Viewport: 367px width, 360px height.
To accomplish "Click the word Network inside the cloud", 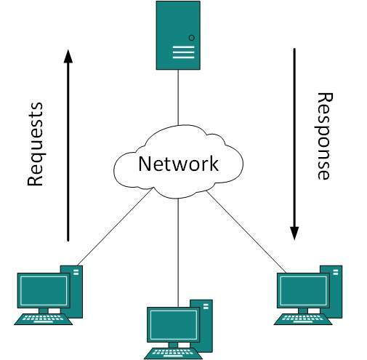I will tap(178, 163).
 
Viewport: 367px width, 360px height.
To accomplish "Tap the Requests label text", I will tap(35, 145).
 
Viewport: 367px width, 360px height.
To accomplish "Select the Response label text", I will tap(325, 135).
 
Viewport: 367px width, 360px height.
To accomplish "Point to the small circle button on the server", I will tap(192, 37).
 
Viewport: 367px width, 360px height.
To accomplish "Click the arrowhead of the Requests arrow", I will tap(68, 57).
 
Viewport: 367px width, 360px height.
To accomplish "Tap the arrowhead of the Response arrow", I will tap(294, 233).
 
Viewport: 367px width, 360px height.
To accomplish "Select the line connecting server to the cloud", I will tap(178, 97).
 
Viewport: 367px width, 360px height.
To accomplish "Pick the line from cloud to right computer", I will tap(244, 229).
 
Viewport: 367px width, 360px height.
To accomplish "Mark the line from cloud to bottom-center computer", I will tap(178, 247).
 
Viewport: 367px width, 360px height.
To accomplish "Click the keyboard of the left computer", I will tap(43, 318).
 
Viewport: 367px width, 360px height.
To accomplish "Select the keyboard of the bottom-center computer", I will tap(173, 353).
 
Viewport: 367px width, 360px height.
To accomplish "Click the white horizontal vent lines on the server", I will tap(183, 52).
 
